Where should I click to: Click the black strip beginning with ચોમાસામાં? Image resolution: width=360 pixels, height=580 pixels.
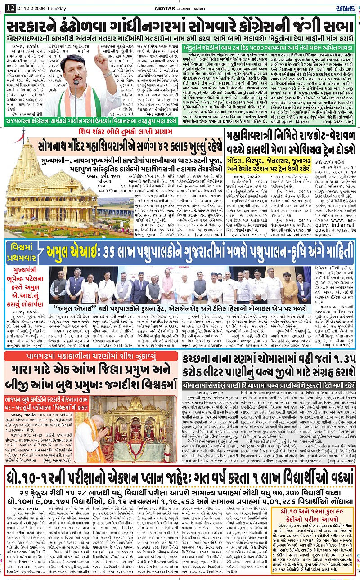[x=268, y=385]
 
